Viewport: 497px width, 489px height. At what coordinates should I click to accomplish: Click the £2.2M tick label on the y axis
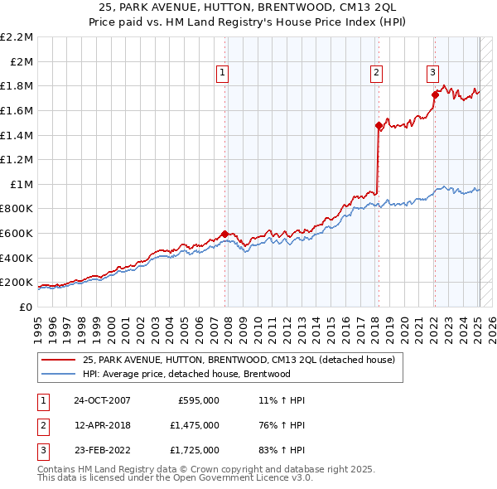pos(17,37)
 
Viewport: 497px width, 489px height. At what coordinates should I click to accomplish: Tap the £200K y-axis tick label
pos(17,283)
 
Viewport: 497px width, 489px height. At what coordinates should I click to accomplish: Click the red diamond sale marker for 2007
pos(225,234)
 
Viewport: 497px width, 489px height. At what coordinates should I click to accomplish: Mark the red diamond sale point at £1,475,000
pos(379,126)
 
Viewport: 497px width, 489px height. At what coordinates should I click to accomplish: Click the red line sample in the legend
pos(60,360)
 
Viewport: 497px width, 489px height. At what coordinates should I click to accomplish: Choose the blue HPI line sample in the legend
pos(60,374)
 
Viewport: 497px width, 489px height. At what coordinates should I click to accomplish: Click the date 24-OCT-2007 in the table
pos(103,400)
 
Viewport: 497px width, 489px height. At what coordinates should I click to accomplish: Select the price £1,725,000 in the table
pos(199,450)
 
